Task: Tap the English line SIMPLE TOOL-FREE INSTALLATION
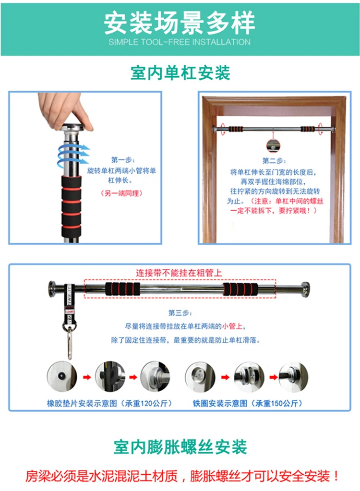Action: click(x=180, y=42)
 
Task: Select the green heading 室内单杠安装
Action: click(x=180, y=73)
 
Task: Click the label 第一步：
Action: click(x=123, y=160)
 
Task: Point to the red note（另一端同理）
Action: click(x=121, y=193)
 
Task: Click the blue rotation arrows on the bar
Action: click(x=73, y=155)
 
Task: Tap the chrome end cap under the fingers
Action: click(x=73, y=128)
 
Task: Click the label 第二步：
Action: click(x=274, y=161)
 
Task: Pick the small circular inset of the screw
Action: click(x=273, y=145)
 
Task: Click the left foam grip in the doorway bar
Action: click(x=235, y=129)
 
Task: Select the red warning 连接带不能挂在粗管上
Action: click(x=179, y=273)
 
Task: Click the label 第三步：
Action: click(x=180, y=312)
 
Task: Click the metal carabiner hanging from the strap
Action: click(x=70, y=343)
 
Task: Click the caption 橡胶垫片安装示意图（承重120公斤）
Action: click(x=109, y=403)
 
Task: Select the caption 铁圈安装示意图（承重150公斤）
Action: click(x=247, y=403)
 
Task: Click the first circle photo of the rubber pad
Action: click(x=62, y=377)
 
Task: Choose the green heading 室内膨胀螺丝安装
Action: click(x=180, y=446)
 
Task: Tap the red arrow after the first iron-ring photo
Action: click(x=225, y=377)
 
